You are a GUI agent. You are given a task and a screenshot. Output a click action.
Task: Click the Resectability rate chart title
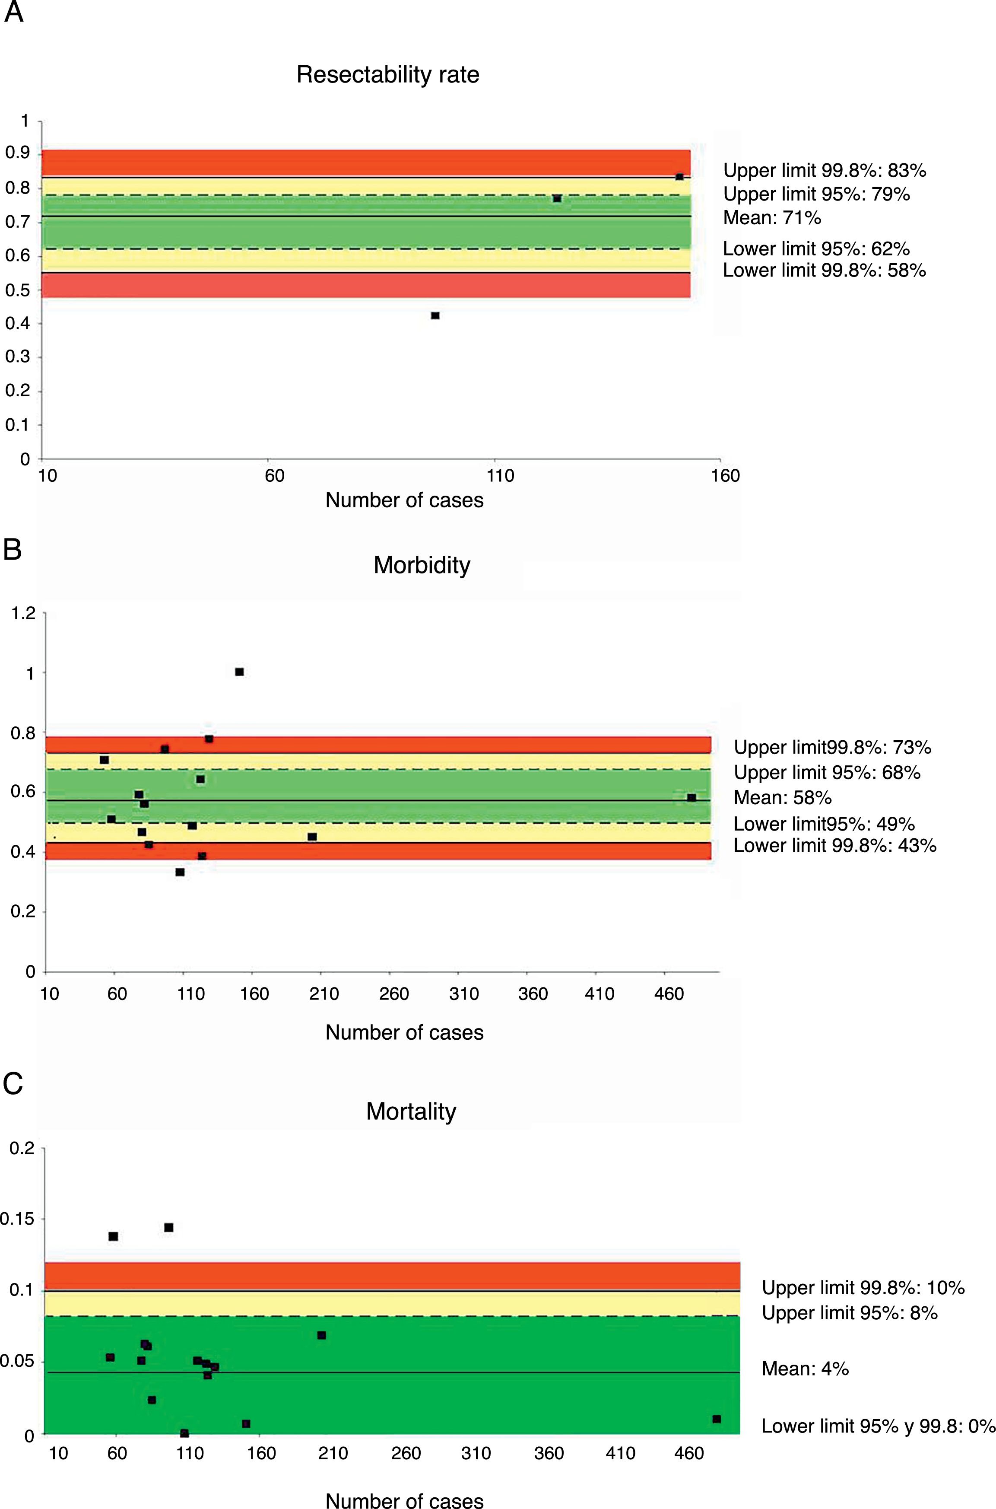click(x=387, y=75)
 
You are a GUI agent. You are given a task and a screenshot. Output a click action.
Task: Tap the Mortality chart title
click(x=411, y=1111)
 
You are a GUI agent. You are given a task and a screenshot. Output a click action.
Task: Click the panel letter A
click(x=13, y=13)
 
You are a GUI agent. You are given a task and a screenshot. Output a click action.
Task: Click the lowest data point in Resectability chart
click(x=435, y=316)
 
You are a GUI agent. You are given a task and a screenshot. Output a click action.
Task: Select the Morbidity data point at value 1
click(x=239, y=672)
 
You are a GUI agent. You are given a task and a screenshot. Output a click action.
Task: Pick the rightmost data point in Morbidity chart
click(x=691, y=797)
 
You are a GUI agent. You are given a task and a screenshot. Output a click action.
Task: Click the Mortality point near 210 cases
click(x=321, y=1335)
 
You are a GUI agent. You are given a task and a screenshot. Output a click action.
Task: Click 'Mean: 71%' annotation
click(x=772, y=218)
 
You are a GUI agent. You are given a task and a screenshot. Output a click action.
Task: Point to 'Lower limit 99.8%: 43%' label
click(x=834, y=845)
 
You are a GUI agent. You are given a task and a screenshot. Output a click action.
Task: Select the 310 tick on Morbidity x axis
click(x=464, y=993)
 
